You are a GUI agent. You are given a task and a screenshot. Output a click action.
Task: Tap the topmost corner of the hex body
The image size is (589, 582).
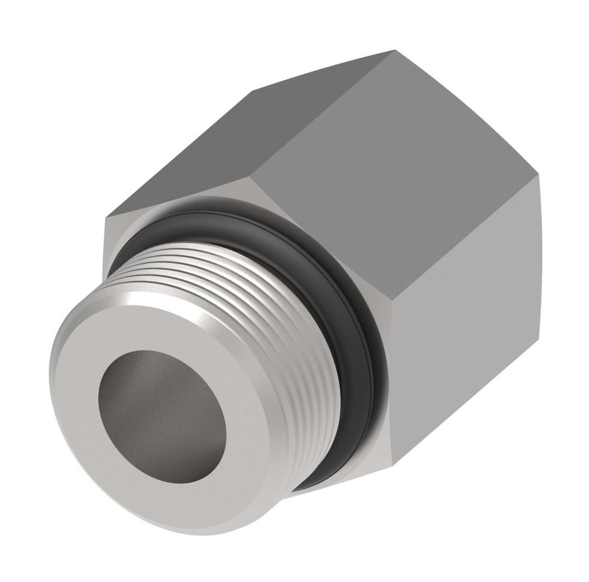tap(395, 50)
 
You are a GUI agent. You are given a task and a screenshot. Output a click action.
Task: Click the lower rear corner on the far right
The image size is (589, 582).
tap(539, 339)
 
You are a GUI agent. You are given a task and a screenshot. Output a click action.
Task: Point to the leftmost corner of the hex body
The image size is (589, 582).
tap(105, 218)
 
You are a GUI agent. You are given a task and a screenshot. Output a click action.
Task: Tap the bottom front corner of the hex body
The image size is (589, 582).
tap(392, 464)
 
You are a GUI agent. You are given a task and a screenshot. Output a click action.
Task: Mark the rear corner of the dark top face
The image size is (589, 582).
tap(253, 92)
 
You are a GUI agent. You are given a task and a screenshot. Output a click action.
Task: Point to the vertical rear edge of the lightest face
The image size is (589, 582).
tap(539, 256)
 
